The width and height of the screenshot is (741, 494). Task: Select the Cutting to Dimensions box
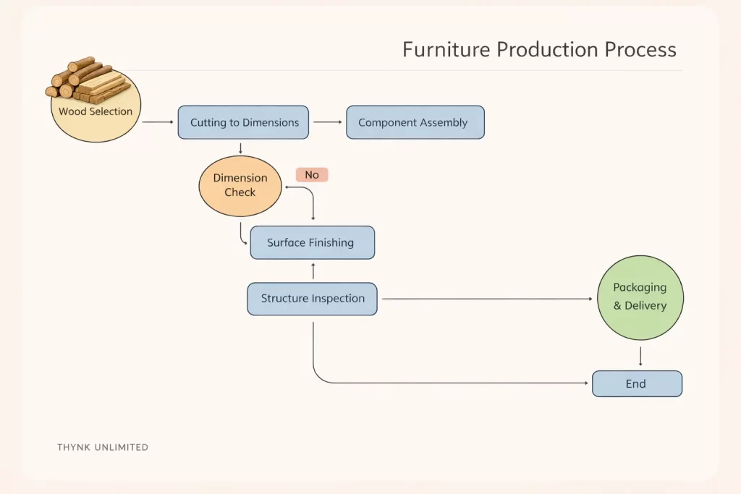coord(244,122)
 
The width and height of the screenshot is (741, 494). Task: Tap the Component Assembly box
coord(415,122)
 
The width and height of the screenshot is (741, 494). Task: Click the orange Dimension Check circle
coord(240,186)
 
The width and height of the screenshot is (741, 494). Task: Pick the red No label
coord(312,174)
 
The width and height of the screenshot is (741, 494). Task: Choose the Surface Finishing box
coord(312,242)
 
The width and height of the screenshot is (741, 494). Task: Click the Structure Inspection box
coord(312,299)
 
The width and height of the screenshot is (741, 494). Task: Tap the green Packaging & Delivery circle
coord(640,297)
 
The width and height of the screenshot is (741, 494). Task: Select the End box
coord(636,383)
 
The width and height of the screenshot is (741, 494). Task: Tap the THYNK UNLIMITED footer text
coord(103,447)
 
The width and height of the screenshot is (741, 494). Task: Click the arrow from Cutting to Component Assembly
coord(327,122)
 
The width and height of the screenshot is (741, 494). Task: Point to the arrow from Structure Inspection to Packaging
coord(485,299)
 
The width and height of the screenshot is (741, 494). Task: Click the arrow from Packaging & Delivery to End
coord(640,356)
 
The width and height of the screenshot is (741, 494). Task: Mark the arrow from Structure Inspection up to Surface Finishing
coord(313,271)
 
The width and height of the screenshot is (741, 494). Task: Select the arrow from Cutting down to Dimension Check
coord(240,148)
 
